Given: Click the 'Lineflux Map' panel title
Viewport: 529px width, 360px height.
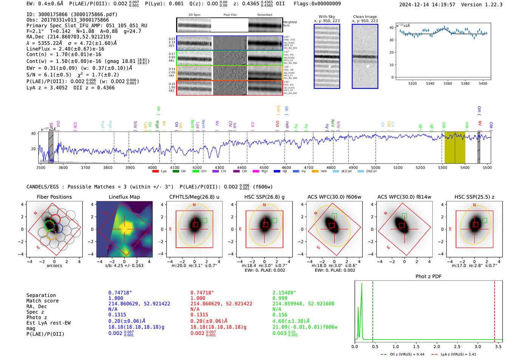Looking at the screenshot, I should point(124,197).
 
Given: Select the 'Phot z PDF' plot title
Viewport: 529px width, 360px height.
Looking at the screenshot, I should point(428,277).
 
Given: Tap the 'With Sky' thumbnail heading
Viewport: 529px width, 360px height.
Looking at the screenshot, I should point(326,17).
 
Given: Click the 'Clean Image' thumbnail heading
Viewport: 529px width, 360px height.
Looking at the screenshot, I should point(365,17).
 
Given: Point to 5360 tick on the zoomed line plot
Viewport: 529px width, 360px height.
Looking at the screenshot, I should point(448,83).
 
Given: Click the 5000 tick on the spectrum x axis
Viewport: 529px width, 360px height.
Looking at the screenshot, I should point(376,168).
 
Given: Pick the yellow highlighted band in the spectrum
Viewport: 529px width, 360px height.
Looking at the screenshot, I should point(455,147).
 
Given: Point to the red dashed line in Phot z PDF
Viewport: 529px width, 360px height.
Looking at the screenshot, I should point(495,310).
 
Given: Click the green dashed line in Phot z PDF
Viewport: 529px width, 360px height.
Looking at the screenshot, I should point(373,310).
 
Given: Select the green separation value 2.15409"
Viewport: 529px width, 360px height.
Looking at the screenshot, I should point(284,293).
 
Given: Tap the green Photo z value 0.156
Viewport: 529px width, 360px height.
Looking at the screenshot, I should point(280,315).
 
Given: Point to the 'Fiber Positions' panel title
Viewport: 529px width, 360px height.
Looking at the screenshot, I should point(54,197).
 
